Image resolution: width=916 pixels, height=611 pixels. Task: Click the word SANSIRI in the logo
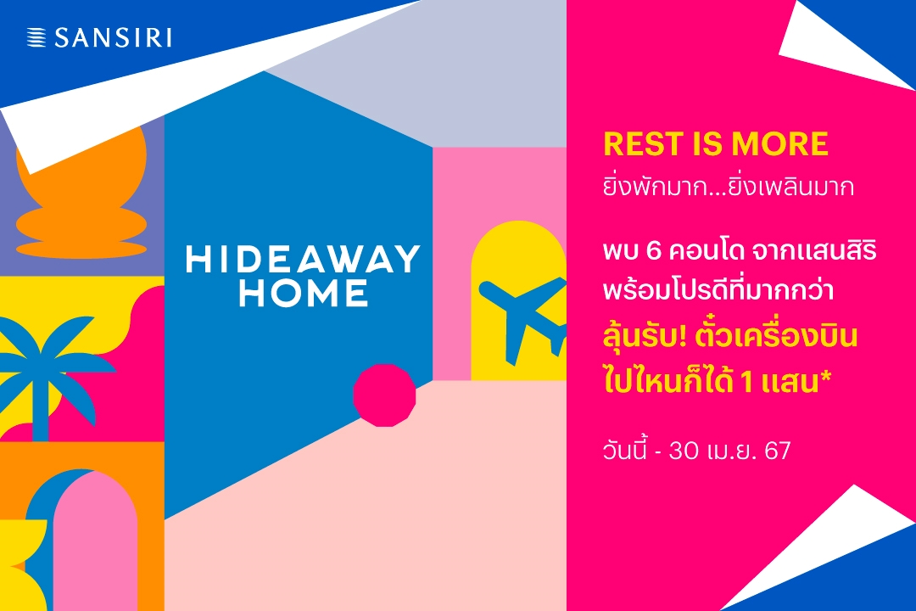tap(114, 38)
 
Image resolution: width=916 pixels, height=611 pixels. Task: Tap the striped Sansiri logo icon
tap(36, 37)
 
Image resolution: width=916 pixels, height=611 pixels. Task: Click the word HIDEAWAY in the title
tap(303, 259)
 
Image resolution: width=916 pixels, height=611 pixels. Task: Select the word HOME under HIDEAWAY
tap(304, 293)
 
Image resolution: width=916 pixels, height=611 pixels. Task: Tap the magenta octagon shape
tap(384, 395)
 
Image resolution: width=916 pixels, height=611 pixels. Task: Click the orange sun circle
tap(81, 170)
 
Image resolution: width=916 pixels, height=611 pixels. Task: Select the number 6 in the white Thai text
tap(653, 251)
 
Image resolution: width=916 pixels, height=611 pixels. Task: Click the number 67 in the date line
tap(778, 451)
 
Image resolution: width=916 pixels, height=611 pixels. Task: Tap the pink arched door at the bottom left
tap(95, 544)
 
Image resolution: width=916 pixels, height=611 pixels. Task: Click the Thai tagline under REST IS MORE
tap(729, 187)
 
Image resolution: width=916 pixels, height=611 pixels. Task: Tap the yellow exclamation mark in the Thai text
tap(681, 337)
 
